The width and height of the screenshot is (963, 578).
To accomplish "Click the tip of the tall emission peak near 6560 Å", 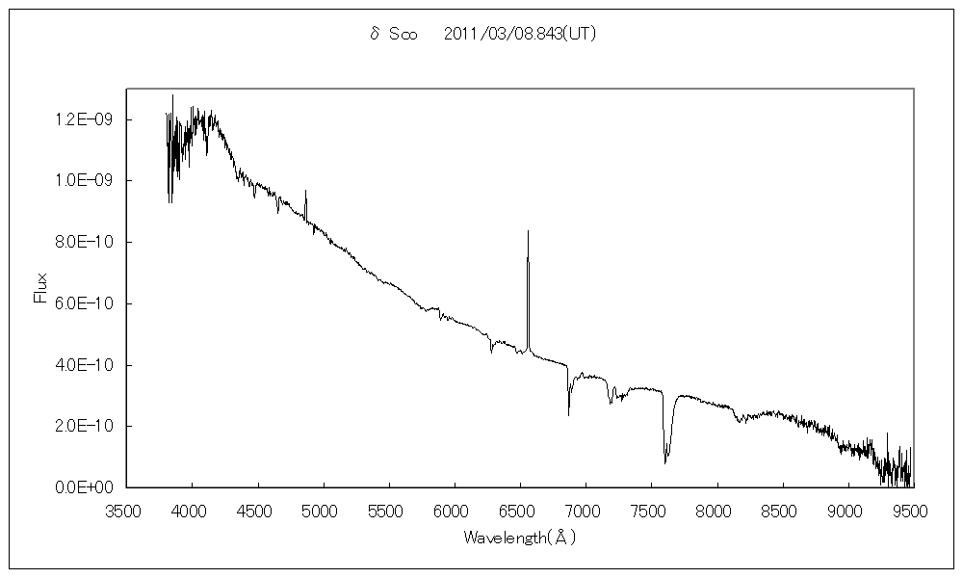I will [528, 231].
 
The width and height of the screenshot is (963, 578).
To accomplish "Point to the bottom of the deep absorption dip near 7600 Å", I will [665, 462].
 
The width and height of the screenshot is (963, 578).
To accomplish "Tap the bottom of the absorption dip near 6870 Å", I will [568, 415].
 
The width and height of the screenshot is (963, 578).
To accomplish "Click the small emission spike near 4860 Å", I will [305, 191].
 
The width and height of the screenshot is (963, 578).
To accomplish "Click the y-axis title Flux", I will [40, 288].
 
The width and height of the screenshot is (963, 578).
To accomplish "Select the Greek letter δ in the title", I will [375, 34].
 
